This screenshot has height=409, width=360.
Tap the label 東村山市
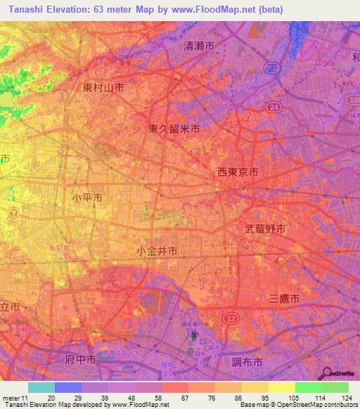(x=103, y=88)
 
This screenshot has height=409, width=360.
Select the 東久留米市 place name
(x=174, y=129)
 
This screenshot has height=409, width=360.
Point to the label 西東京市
(x=237, y=172)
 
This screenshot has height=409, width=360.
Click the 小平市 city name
(x=87, y=198)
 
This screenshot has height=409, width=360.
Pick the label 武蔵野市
(x=265, y=229)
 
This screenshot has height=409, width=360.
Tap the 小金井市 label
(x=157, y=251)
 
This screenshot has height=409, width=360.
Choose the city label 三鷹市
(x=285, y=299)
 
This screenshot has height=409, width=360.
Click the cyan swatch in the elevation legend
(x=41, y=388)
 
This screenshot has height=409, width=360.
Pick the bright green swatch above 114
(x=308, y=388)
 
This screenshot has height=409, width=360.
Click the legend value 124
(x=336, y=397)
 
